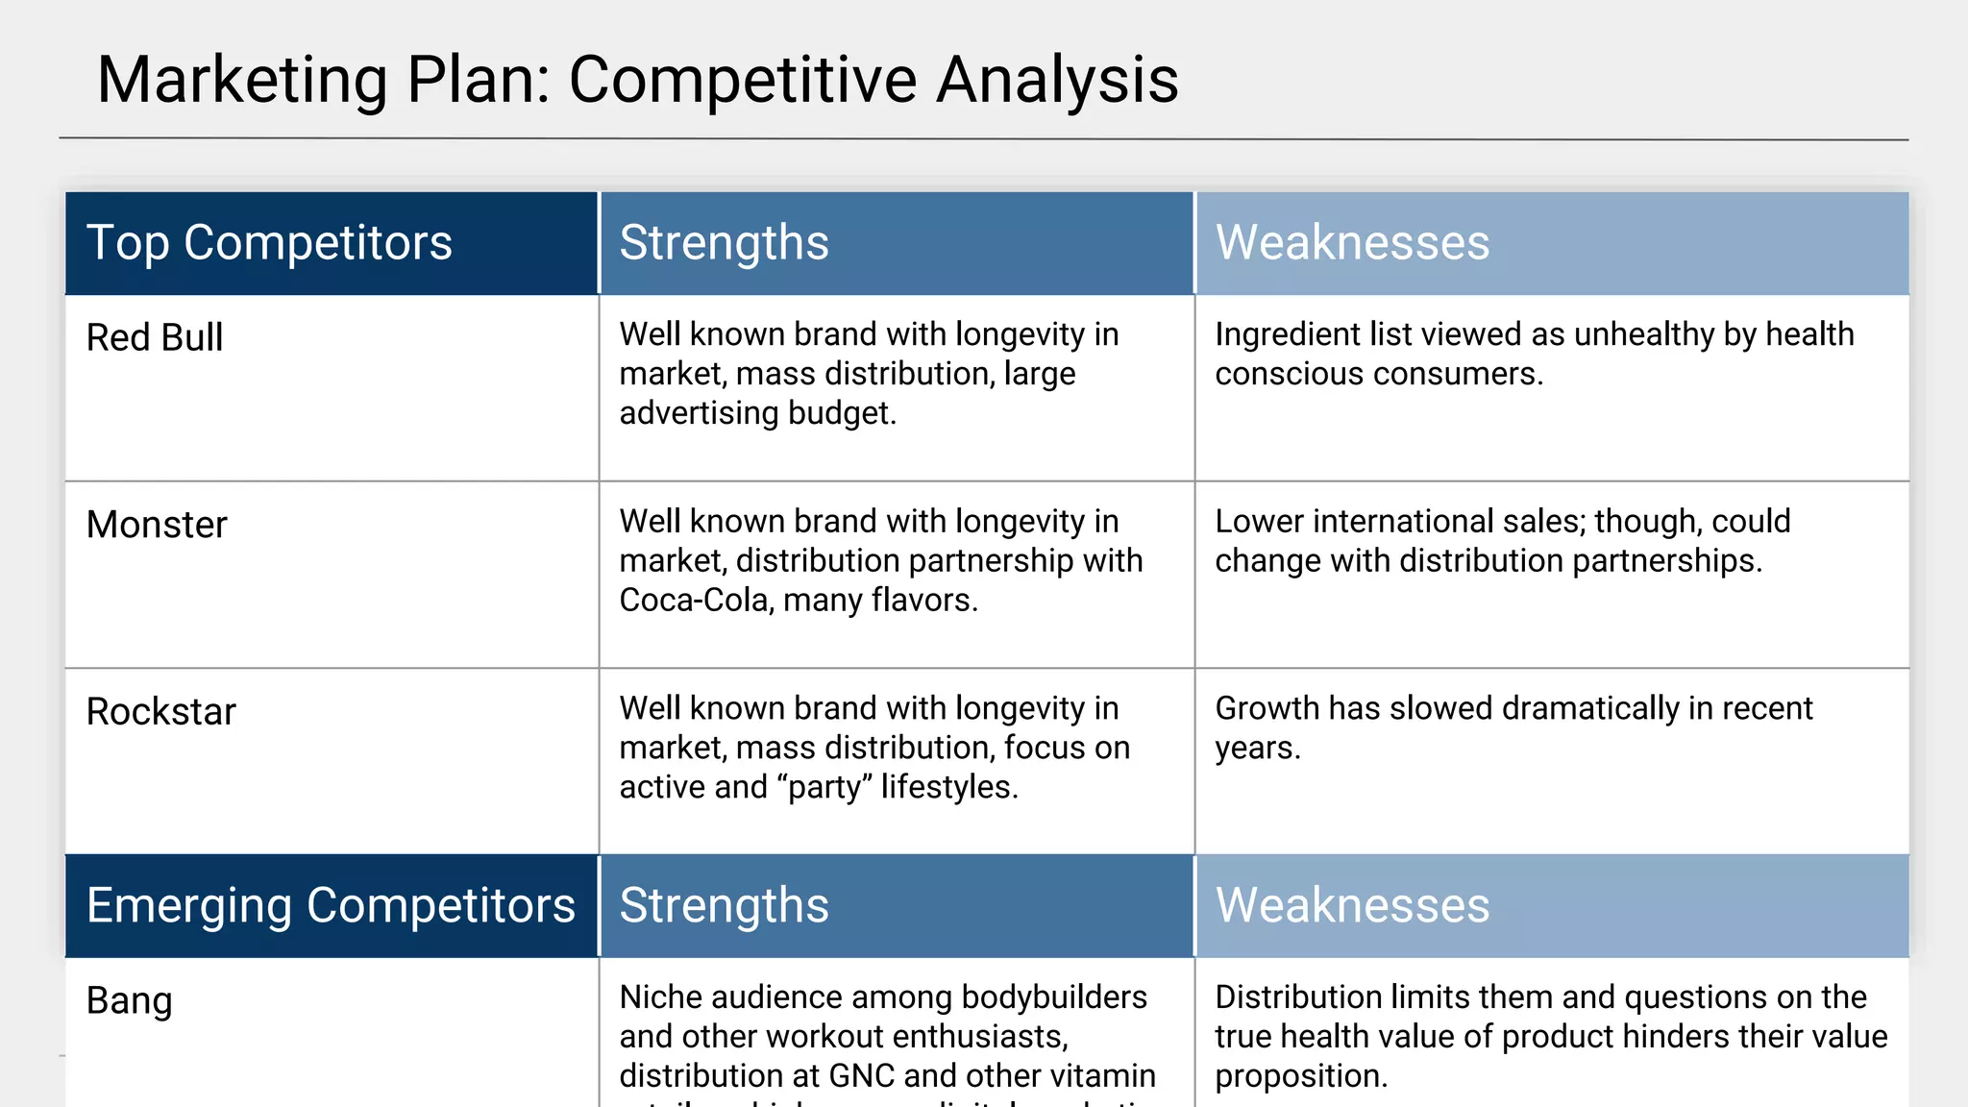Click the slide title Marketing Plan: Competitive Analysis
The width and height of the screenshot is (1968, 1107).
click(637, 80)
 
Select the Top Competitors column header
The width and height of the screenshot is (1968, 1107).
click(269, 242)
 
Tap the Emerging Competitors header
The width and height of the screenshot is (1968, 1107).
click(331, 905)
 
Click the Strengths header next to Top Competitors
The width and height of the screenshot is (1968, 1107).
click(724, 242)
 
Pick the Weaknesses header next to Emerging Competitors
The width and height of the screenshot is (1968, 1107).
click(1352, 905)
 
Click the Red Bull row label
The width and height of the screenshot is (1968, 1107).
click(155, 338)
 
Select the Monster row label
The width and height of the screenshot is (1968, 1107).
click(157, 525)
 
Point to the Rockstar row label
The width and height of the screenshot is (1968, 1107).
click(160, 712)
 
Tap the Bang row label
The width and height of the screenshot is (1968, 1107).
click(129, 1000)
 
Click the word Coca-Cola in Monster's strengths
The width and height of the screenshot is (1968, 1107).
click(696, 601)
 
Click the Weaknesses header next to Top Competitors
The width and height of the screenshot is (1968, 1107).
click(1352, 242)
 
